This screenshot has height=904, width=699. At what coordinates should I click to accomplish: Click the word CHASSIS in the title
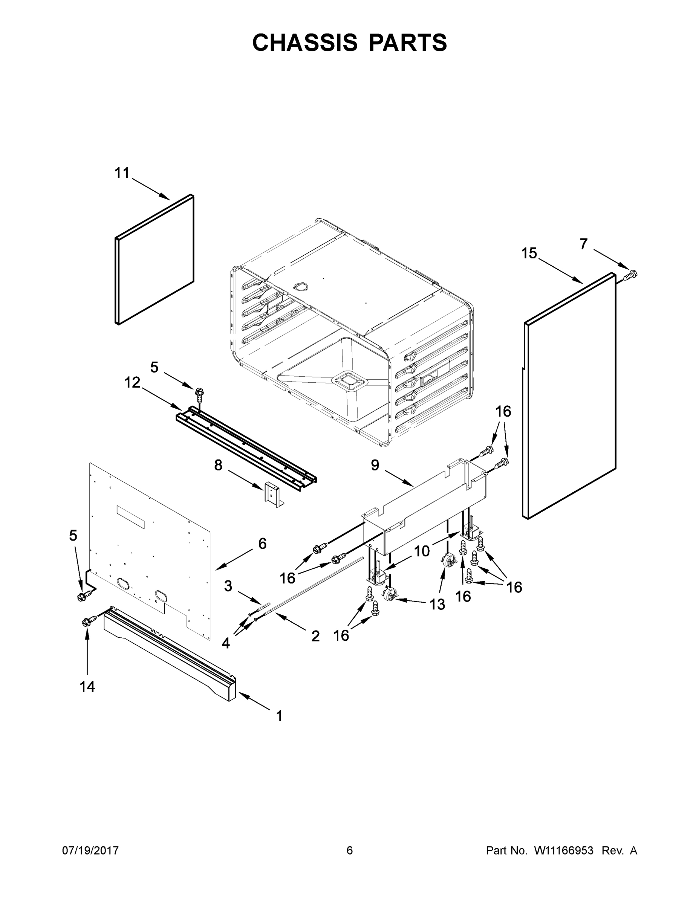click(x=305, y=42)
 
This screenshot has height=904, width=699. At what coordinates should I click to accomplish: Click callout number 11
click(x=122, y=173)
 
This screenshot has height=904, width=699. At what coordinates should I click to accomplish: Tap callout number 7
click(x=583, y=244)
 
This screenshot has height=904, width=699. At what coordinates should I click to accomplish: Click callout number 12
click(x=133, y=382)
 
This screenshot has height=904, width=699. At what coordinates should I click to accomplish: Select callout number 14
click(x=87, y=687)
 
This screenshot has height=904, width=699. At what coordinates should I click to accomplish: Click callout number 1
click(x=280, y=716)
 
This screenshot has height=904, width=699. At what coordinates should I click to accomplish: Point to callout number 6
click(x=262, y=544)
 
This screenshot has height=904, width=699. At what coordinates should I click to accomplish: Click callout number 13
click(x=437, y=604)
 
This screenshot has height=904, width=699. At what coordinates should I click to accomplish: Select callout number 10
click(x=422, y=551)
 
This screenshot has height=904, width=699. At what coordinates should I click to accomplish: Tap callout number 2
click(x=315, y=636)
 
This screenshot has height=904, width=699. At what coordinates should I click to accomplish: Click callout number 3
click(x=228, y=586)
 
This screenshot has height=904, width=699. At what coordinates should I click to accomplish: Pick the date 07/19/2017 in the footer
click(x=90, y=851)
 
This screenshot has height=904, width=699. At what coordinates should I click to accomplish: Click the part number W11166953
click(x=564, y=851)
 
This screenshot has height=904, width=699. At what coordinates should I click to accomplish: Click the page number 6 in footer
click(x=350, y=851)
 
